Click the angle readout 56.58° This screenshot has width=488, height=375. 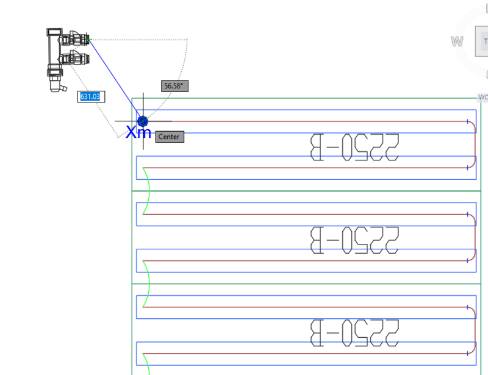174,86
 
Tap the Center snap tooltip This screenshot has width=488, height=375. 169,137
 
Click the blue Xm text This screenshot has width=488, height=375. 138,132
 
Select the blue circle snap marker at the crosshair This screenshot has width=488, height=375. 143,121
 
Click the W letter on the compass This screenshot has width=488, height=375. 457,41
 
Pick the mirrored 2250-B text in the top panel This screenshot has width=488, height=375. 354,148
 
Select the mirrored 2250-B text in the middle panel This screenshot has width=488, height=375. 354,240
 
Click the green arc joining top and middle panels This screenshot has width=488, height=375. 148,191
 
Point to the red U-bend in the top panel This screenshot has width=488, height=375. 474,144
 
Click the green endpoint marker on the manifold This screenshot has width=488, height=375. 89,40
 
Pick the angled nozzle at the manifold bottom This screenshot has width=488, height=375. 60,88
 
